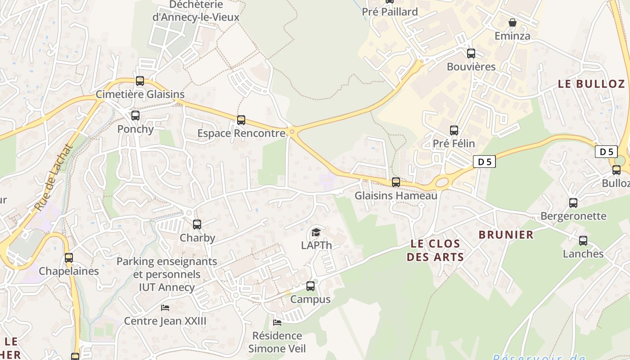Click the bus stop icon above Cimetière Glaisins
pos(140,81)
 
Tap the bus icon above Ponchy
pos(135,116)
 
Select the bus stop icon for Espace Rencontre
pos(241,120)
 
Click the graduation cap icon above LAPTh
pos(316,232)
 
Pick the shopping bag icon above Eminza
pos(512,22)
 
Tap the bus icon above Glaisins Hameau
pos(396,182)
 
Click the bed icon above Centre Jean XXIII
pos(165,308)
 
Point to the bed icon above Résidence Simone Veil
pos(277,322)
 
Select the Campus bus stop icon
pos(310,286)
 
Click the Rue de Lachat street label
pos(54,178)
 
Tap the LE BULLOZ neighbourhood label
pos(591,84)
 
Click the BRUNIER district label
pos(506,234)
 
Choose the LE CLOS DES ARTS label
pos(435,250)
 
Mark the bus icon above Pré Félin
pos(454,130)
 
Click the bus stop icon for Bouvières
pos(471,54)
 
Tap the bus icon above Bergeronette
pos(573,203)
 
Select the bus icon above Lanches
pos(583,241)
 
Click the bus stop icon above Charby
pos(197,224)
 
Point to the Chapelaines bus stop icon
pos(69,258)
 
